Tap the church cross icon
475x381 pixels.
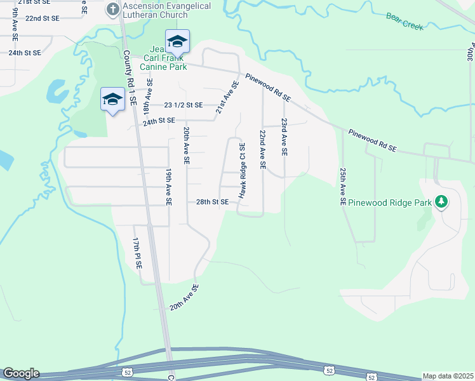112,9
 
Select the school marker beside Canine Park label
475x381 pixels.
177,42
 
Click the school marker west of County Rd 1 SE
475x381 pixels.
112,99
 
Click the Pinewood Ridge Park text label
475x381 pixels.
385,202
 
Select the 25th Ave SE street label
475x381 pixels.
342,186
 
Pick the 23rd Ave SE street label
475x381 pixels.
284,137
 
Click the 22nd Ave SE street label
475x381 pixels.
262,150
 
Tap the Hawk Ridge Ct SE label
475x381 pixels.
242,171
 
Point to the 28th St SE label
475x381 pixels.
212,202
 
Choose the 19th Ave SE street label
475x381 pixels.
169,187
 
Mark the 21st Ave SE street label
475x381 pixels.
227,97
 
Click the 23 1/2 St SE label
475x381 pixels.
183,105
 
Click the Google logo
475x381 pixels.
20,373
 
